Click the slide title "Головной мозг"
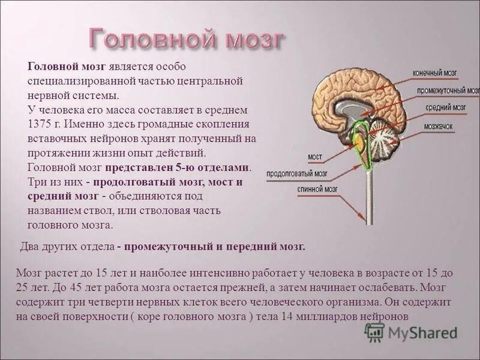point(187,40)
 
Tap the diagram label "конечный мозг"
point(435,73)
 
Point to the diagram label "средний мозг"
point(446,109)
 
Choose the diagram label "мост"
point(315,157)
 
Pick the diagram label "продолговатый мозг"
point(298,173)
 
